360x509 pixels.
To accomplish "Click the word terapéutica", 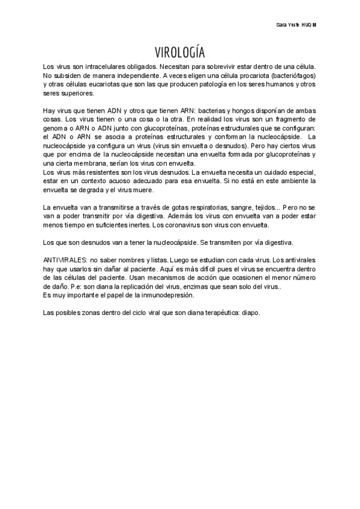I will tap(218, 313).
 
